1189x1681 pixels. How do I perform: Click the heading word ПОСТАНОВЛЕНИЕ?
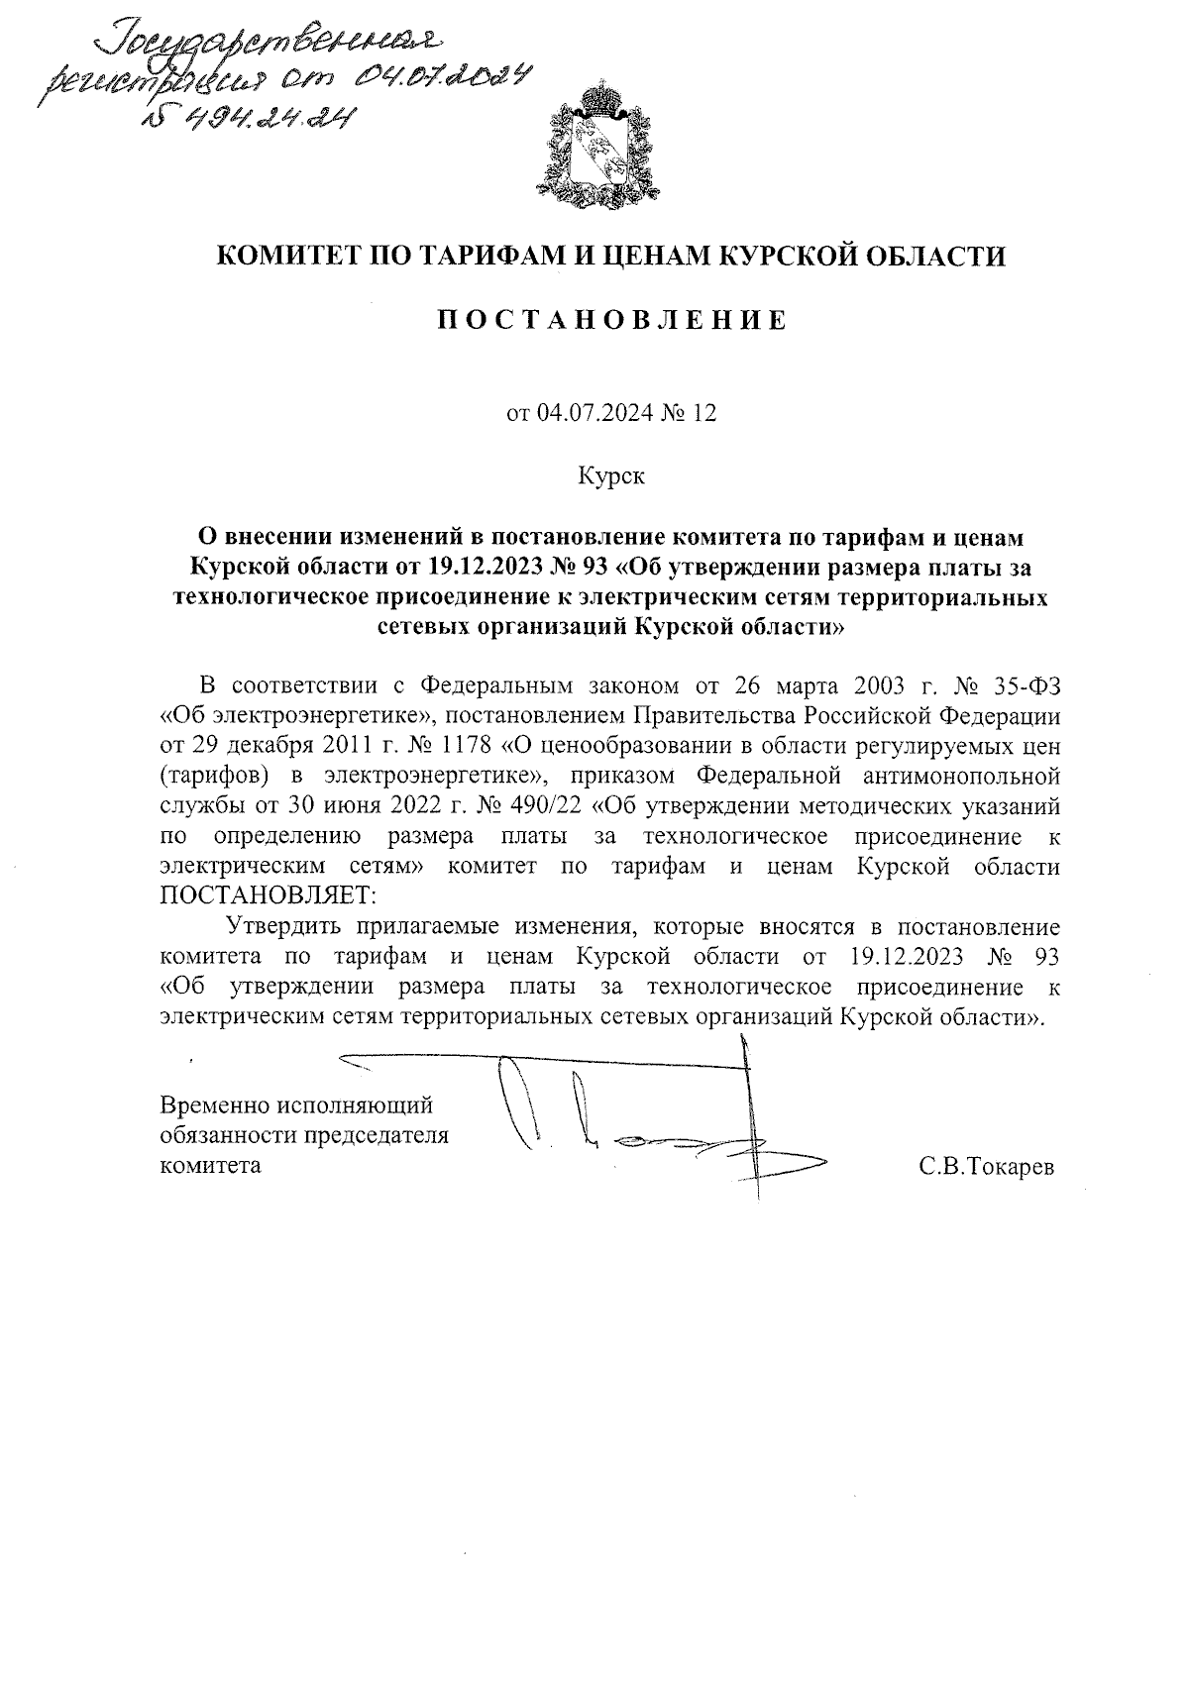pyautogui.click(x=612, y=320)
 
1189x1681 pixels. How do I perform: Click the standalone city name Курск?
pyautogui.click(x=611, y=476)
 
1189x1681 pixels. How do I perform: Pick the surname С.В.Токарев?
pyautogui.click(x=986, y=1166)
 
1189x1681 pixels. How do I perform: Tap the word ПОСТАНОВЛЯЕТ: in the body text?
pyautogui.click(x=269, y=895)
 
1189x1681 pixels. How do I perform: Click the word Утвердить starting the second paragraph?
pyautogui.click(x=285, y=927)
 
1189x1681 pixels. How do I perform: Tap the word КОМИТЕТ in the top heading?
pyautogui.click(x=287, y=256)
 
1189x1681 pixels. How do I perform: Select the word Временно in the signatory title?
pyautogui.click(x=217, y=1103)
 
